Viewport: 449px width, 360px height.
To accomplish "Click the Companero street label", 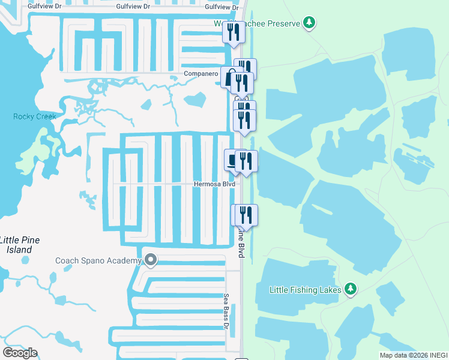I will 200,74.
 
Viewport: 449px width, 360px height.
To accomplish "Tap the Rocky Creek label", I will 35,116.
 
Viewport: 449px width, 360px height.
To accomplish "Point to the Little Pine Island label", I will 20,244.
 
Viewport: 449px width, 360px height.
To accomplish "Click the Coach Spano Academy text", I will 98,260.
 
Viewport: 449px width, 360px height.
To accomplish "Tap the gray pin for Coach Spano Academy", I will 151,260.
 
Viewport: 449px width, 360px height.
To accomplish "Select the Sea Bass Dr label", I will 226,311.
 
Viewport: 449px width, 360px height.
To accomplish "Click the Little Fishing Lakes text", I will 305,290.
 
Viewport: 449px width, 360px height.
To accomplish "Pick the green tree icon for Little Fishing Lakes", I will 351,289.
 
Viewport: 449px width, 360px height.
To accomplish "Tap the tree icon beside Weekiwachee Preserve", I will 309,23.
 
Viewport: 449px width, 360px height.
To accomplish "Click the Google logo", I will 20,353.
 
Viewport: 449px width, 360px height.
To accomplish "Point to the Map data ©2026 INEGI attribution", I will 414,355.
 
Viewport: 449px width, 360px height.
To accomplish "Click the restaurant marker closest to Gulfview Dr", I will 234,32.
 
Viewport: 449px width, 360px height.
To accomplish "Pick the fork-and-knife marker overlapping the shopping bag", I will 242,83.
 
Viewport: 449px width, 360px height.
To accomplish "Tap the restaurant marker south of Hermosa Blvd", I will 245,215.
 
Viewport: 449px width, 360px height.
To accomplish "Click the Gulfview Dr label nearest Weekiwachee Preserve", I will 221,7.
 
